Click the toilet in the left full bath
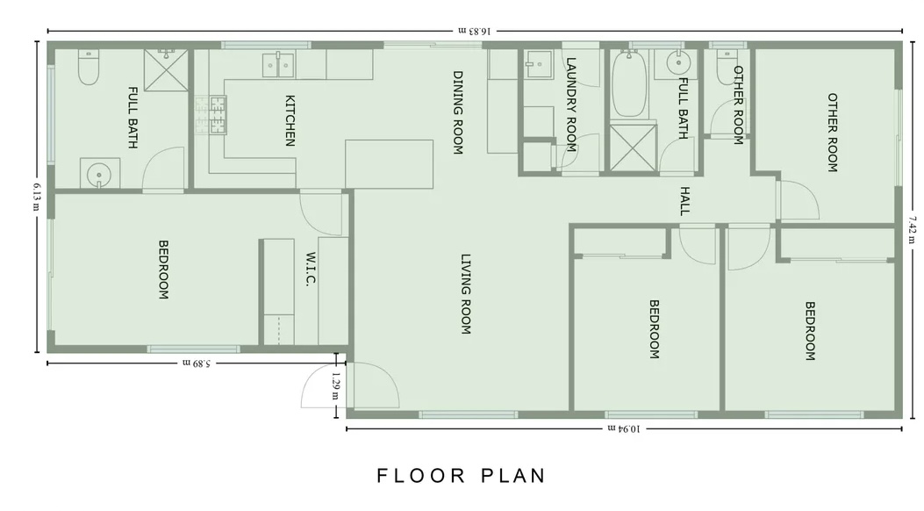point(89,67)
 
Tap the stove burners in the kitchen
point(211,115)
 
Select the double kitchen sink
point(278,64)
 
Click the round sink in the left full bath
point(98,175)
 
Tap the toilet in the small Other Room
point(726,67)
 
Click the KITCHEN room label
point(290,120)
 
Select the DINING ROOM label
point(458,112)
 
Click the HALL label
point(684,201)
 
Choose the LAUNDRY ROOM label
point(570,104)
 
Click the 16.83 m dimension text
point(475,31)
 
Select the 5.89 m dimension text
point(197,363)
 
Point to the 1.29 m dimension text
point(336,385)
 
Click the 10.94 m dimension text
point(624,428)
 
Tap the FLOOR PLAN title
point(462,476)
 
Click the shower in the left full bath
point(167,70)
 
